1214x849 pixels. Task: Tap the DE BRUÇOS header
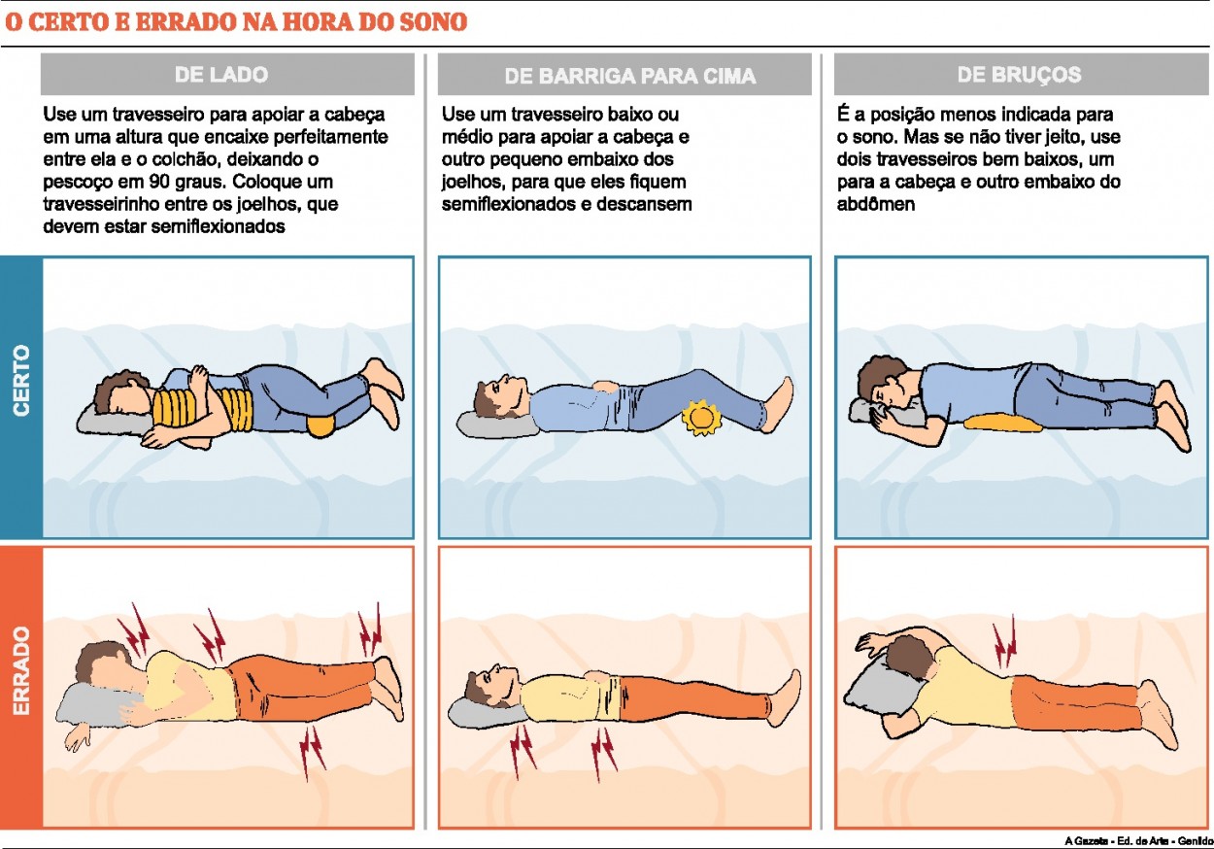[1019, 75]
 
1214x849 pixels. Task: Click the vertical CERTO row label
[21, 381]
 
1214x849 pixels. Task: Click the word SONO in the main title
[430, 21]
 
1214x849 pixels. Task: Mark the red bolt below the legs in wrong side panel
[312, 747]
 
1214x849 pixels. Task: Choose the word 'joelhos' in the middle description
[473, 182]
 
